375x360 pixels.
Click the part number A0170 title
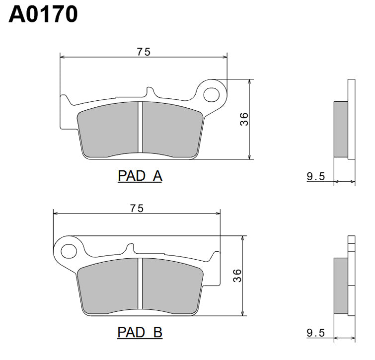(x=43, y=14)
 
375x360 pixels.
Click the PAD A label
(x=140, y=176)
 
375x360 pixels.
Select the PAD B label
(x=140, y=332)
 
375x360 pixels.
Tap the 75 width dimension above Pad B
(x=137, y=209)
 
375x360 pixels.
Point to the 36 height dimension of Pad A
(x=244, y=119)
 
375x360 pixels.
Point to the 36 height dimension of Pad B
(x=237, y=276)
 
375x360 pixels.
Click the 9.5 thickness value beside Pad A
(x=316, y=176)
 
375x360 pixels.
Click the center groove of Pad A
(x=141, y=128)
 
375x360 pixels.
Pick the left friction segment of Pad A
(x=109, y=130)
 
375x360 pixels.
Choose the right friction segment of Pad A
(x=171, y=130)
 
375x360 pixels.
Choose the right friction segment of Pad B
(x=171, y=287)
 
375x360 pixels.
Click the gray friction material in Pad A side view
(x=340, y=128)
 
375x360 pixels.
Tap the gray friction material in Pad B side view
(x=340, y=285)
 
